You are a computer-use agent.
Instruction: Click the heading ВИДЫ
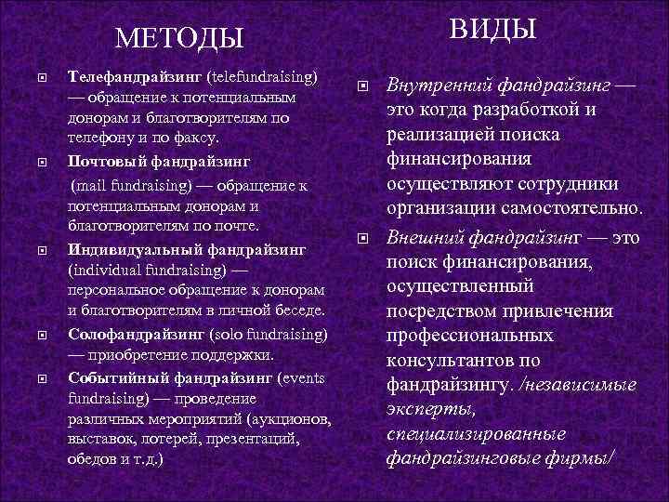[493, 30]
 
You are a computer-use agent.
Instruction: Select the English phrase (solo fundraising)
[269, 333]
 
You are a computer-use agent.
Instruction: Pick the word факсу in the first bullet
[194, 138]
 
